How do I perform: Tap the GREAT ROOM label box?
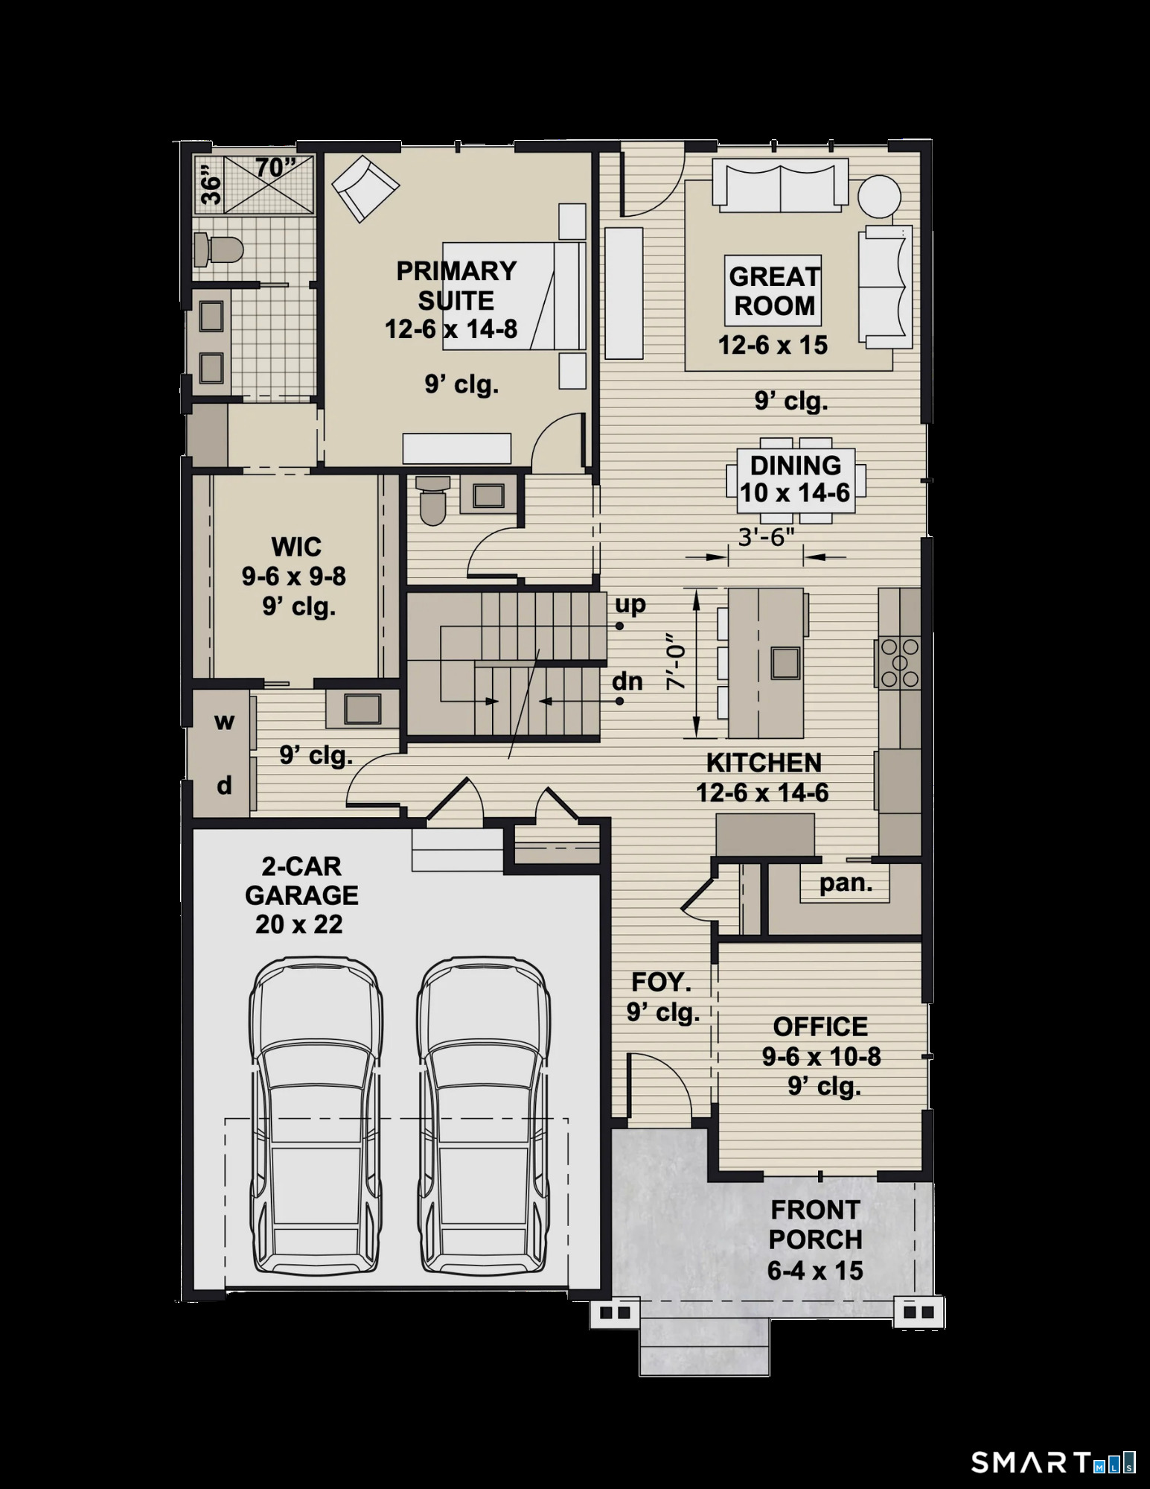[x=773, y=291]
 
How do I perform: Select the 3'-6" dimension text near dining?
[x=766, y=537]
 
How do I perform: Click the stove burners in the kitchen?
[x=899, y=663]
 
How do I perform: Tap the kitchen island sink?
[x=786, y=662]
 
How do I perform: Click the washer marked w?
[x=224, y=722]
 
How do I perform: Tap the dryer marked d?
[x=224, y=785]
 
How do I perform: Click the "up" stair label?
[x=630, y=604]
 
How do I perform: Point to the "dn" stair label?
[x=627, y=681]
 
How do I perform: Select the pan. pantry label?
[x=846, y=883]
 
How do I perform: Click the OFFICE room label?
[x=820, y=1026]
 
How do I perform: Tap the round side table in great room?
[x=879, y=196]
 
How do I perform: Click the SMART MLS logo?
[x=1052, y=1462]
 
